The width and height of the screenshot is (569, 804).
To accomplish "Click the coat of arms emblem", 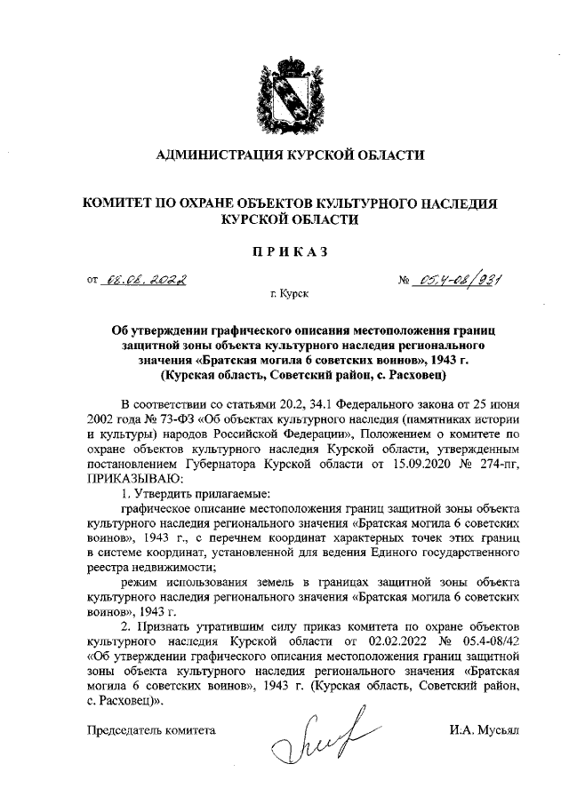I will coord(284,92).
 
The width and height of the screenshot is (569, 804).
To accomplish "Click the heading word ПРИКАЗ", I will coord(284,251).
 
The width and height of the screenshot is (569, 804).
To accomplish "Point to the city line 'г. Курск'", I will coord(284,291).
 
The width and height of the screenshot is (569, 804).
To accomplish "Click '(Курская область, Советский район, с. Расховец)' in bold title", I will coord(284,376).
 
